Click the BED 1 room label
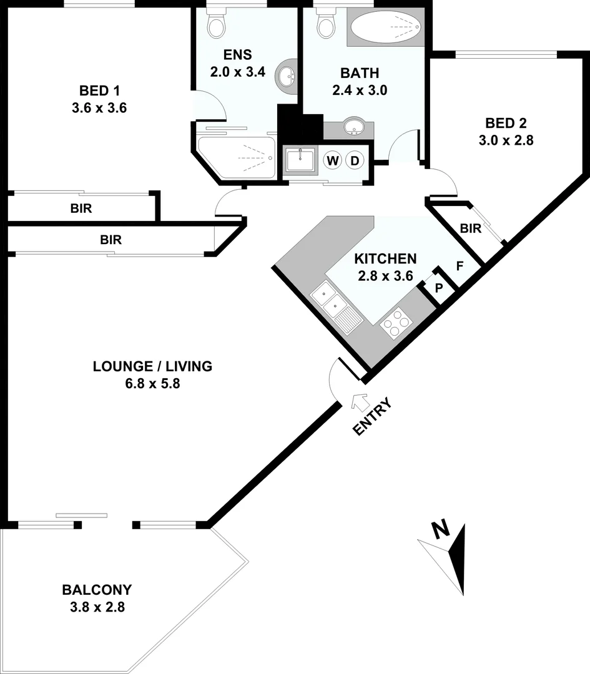coord(99,88)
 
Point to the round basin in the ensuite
coord(288,78)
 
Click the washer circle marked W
coord(333,161)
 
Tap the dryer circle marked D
coord(355,161)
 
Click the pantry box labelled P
coord(439,288)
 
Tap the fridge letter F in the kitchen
coord(459,266)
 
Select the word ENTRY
coord(372,417)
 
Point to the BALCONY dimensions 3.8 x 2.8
coord(97,606)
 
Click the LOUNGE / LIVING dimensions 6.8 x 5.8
coord(152,384)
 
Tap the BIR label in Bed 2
coord(470,228)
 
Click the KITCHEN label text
coord(385,258)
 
